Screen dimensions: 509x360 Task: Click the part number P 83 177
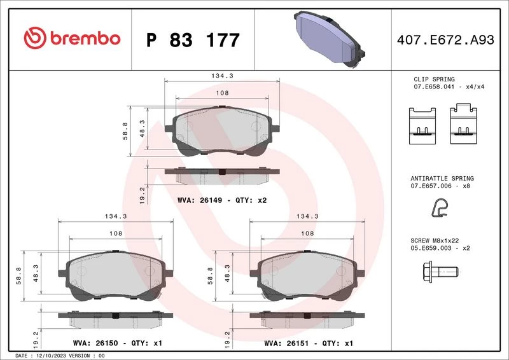[193, 40]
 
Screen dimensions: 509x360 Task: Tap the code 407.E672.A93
[445, 40]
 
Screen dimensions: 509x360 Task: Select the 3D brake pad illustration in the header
[329, 39]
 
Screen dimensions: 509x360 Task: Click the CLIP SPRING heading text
[434, 80]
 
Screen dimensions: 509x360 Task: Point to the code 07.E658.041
[434, 87]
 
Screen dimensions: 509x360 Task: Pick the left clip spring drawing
[422, 126]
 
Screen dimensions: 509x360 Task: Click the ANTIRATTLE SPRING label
[442, 178]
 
